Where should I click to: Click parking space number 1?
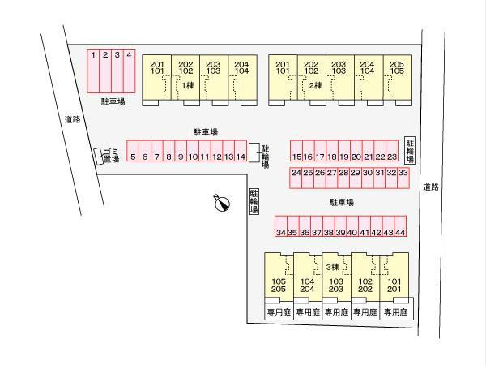point(93,71)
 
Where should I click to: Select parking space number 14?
point(241,151)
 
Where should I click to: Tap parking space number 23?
point(392,151)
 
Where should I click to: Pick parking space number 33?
point(403,178)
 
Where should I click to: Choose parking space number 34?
point(281,226)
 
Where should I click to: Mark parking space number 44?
point(400,226)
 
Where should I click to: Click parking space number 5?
point(133,151)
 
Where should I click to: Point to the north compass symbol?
point(222,203)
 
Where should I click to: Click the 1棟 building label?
point(188,85)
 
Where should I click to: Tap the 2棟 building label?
point(316,85)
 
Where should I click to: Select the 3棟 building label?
point(333,267)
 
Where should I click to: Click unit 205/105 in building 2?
point(398,78)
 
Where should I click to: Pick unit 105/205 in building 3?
point(279,277)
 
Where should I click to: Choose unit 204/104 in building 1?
point(243,78)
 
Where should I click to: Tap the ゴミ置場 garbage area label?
point(111,156)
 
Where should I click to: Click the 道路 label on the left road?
point(73,119)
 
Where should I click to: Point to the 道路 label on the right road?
point(431,187)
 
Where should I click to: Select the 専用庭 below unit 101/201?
point(396,311)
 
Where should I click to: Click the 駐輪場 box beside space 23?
point(410,151)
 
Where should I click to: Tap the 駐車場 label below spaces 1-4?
point(113,101)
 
